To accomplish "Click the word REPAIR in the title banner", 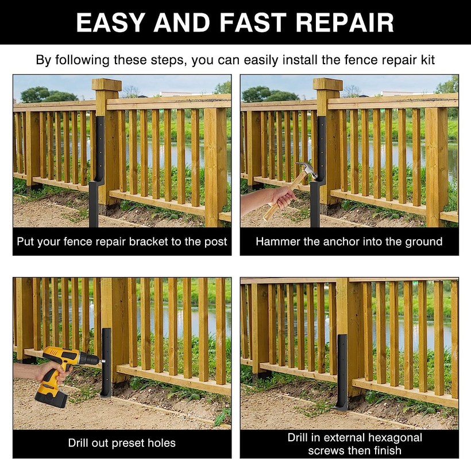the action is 345,22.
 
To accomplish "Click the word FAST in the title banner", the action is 252,22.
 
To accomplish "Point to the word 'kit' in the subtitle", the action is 428,60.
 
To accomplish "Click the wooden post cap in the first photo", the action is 107,84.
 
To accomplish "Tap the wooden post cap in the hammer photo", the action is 328,84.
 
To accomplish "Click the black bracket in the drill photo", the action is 106,361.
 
